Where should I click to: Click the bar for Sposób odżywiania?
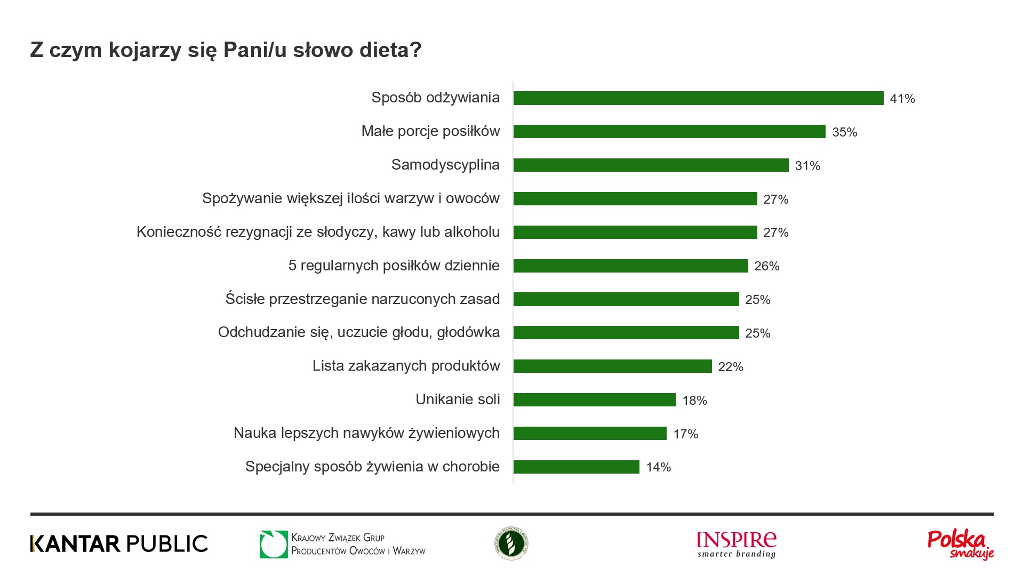pyautogui.click(x=698, y=98)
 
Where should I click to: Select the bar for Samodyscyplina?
pyautogui.click(x=651, y=165)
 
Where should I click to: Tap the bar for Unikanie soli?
pyautogui.click(x=594, y=399)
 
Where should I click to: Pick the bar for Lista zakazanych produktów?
pyautogui.click(x=612, y=366)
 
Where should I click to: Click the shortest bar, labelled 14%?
pyautogui.click(x=576, y=467)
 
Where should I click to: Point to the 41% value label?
pyautogui.click(x=902, y=99)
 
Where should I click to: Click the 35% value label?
pyautogui.click(x=844, y=132)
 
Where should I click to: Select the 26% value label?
pyautogui.click(x=766, y=266)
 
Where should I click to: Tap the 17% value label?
pyautogui.click(x=685, y=434)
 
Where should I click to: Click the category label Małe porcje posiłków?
pyautogui.click(x=430, y=131)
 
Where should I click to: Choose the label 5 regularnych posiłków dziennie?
pyautogui.click(x=394, y=266)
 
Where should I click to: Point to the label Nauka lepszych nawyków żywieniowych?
pyautogui.click(x=366, y=433)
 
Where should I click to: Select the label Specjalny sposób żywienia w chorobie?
pyautogui.click(x=372, y=467)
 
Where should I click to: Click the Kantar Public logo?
pyautogui.click(x=119, y=543)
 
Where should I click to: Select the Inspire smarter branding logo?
pyautogui.click(x=737, y=545)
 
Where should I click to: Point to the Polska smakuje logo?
pyautogui.click(x=961, y=545)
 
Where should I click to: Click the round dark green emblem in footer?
pyautogui.click(x=511, y=543)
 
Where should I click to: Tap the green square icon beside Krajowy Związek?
pyautogui.click(x=273, y=544)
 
